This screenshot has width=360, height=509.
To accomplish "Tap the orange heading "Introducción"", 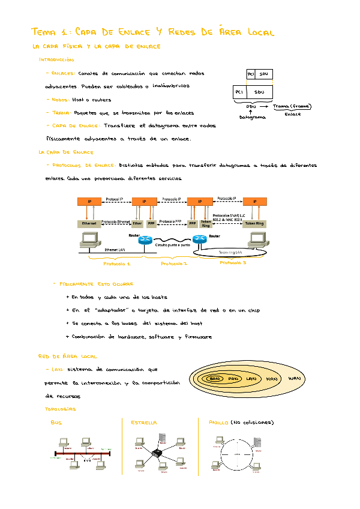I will (56, 59).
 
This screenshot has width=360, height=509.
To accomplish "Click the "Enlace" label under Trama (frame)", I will (293, 113).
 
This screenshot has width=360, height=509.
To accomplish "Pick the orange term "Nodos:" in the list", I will (59, 100).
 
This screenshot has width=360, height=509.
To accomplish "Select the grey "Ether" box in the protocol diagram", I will (137, 223).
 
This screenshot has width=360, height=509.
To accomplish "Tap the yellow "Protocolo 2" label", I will (174, 264).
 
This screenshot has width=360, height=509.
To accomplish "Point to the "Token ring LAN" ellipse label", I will (230, 252).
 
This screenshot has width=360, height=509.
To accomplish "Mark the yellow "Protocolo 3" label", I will (233, 262).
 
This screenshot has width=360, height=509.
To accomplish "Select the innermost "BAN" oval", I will (215, 379).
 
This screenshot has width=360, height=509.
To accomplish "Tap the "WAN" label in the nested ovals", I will (294, 379).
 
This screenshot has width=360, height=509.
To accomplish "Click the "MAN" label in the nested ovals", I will (272, 379).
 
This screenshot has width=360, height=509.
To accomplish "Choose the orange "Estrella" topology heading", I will (144, 423).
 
